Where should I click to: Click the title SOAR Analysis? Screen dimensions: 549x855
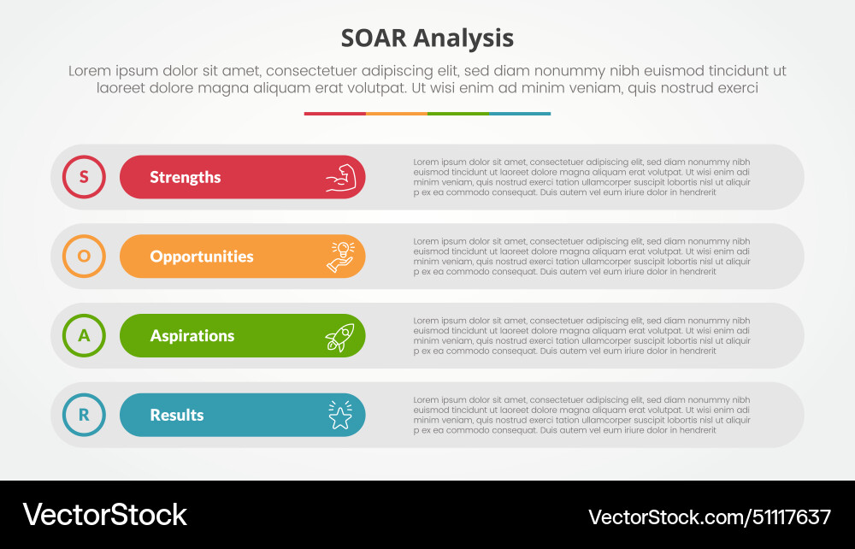(x=427, y=38)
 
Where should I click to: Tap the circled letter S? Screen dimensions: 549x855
(x=84, y=177)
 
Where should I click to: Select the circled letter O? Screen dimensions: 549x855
(x=84, y=257)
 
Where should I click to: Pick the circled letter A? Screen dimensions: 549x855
(x=84, y=336)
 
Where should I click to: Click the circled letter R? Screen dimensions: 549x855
(x=84, y=415)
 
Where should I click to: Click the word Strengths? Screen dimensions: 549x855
(x=185, y=177)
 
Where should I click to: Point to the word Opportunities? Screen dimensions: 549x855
(x=202, y=257)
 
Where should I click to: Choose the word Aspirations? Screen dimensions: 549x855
(x=192, y=336)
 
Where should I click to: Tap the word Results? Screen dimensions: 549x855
(x=177, y=415)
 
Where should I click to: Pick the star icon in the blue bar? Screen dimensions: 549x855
(x=339, y=416)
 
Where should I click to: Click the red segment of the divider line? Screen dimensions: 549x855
(x=334, y=113)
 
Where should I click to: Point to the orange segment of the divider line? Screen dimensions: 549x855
(x=396, y=113)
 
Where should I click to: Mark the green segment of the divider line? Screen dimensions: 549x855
(x=457, y=113)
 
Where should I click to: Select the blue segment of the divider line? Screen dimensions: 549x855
(x=520, y=113)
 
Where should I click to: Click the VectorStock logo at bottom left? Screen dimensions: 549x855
(x=104, y=515)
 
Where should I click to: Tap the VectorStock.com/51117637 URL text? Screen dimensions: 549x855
(x=709, y=517)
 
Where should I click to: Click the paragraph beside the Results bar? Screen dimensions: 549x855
(x=581, y=415)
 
